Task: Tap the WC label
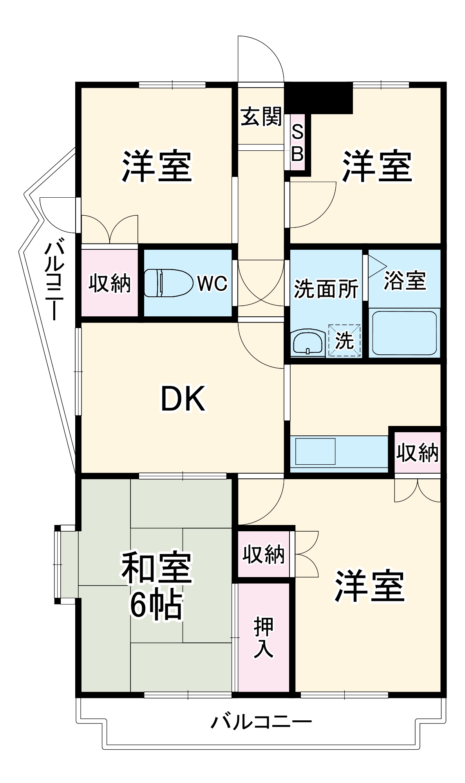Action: (212, 283)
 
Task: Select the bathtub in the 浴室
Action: (404, 333)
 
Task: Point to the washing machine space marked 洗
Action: (344, 340)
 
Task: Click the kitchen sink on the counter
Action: (315, 451)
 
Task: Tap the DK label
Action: (183, 399)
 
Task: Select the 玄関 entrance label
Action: (261, 116)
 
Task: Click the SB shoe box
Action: (297, 143)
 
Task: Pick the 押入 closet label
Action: (263, 637)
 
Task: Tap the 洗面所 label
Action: (326, 289)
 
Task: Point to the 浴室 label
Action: (405, 280)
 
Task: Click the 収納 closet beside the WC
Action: (109, 283)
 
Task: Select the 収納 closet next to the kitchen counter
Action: (417, 453)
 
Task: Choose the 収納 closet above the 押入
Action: (263, 554)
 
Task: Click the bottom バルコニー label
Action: (261, 721)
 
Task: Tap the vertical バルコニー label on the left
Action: (54, 281)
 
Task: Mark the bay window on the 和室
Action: (66, 564)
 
